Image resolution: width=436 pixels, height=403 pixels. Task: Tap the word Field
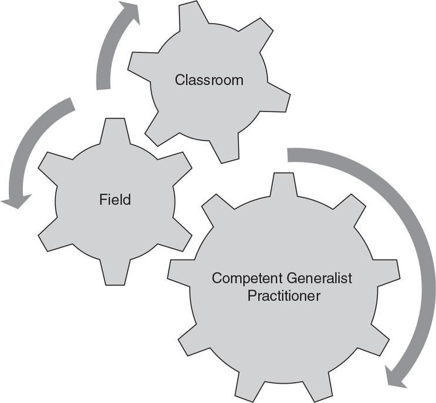click(x=115, y=200)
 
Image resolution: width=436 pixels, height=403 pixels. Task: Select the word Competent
click(x=242, y=277)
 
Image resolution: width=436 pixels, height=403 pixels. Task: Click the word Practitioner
click(x=284, y=295)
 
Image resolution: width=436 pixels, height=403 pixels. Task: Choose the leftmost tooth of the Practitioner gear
click(x=178, y=271)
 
